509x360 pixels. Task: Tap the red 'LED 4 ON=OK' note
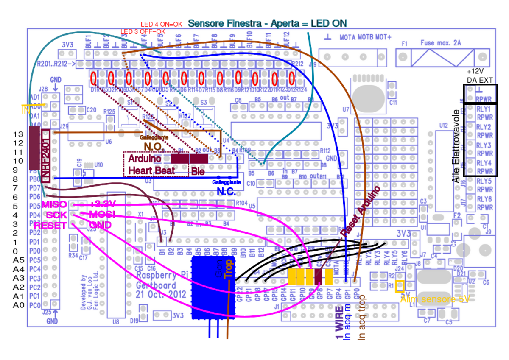pos(161,25)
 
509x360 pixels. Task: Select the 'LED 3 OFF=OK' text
pos(143,32)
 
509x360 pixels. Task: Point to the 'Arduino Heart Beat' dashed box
pos(156,165)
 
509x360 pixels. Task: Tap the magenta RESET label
pos(50,225)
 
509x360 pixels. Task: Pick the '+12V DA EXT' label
pos(480,75)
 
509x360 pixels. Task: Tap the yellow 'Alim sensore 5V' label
pos(435,299)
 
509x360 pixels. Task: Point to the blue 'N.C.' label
pos(226,191)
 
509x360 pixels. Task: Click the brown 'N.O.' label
pos(153,146)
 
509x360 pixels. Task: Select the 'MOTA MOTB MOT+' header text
pos(366,38)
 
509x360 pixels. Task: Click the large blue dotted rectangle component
pos(213,287)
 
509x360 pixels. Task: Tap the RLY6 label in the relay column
pos(484,199)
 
